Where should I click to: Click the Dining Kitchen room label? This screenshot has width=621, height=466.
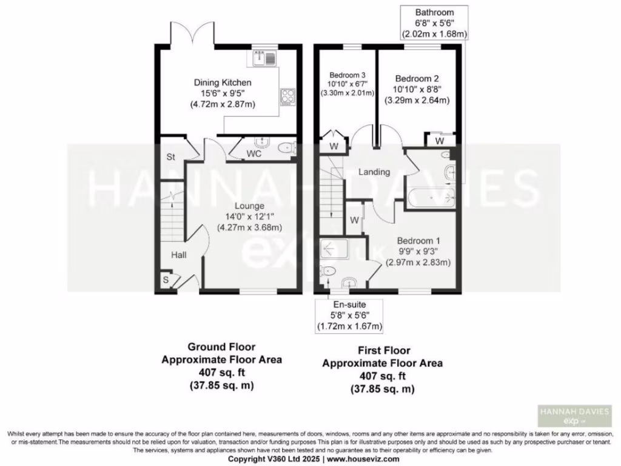click(222, 83)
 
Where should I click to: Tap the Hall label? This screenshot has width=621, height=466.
click(178, 255)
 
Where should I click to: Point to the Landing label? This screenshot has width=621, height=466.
click(374, 172)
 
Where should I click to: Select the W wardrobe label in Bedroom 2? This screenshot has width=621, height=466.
click(439, 141)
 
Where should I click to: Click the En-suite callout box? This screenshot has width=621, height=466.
click(349, 315)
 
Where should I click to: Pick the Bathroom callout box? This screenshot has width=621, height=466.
click(434, 24)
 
